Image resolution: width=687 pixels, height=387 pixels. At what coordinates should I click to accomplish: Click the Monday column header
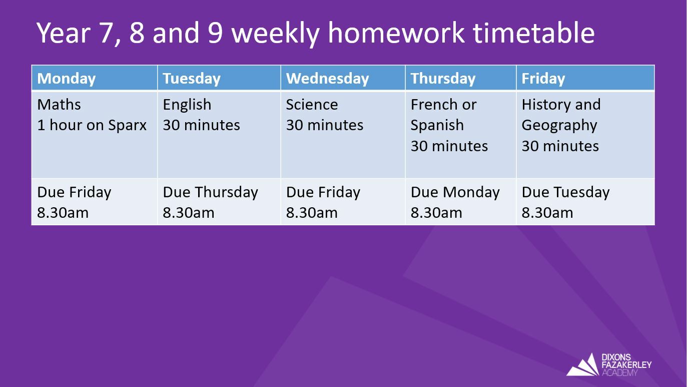click(x=66, y=79)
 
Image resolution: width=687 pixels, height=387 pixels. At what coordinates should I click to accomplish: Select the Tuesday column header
click(x=191, y=79)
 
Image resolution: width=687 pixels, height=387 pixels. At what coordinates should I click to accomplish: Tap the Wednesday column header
click(x=327, y=78)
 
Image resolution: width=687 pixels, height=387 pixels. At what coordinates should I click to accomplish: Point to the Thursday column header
click(x=443, y=79)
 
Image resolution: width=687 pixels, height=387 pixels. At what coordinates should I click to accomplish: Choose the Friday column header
click(x=543, y=79)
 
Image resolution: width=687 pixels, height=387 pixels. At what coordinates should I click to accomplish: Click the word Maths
click(x=59, y=104)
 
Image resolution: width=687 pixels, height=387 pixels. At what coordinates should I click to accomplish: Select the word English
click(x=187, y=105)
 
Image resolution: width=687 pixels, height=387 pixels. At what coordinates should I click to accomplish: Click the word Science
click(x=312, y=104)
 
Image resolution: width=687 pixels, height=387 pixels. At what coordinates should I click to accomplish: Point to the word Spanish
click(x=437, y=126)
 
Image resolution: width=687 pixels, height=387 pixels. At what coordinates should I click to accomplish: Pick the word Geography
click(x=559, y=126)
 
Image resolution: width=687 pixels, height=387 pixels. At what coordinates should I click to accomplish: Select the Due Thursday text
click(x=210, y=192)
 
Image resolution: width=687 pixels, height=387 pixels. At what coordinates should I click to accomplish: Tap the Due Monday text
click(x=455, y=192)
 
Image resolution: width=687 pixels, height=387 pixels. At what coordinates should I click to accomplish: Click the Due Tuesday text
click(x=565, y=192)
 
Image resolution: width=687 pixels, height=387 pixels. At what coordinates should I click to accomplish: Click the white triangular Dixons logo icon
click(x=583, y=365)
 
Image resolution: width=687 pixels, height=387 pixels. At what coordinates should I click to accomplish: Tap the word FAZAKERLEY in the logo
click(x=626, y=365)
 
